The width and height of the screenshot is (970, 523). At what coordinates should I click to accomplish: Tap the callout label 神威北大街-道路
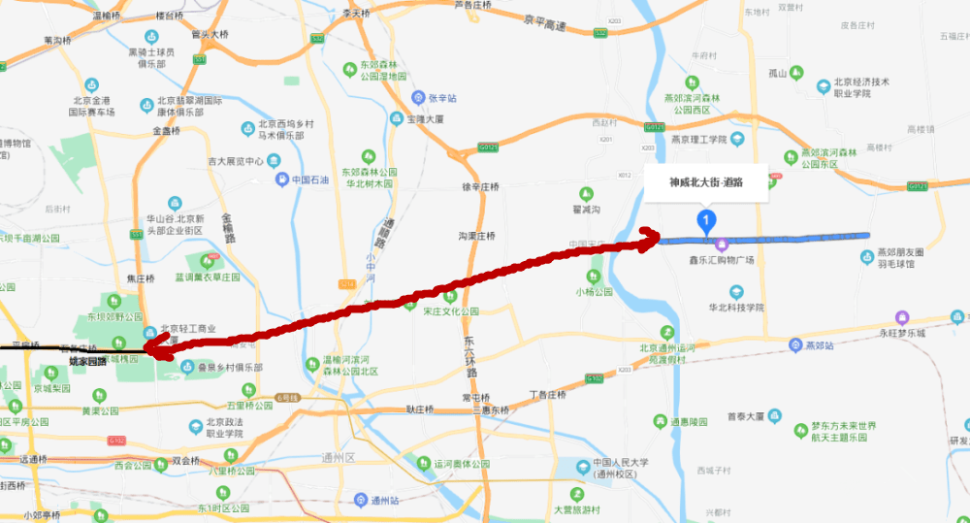coord(706,181)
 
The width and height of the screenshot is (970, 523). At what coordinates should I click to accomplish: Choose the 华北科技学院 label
coord(736,307)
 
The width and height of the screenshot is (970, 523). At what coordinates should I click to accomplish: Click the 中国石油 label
coord(309,180)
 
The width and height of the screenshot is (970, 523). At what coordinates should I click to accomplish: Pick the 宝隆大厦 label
coord(424,118)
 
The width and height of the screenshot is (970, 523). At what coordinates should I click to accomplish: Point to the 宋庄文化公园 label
coord(450,311)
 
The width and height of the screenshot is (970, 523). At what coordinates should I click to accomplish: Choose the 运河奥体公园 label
coord(463,464)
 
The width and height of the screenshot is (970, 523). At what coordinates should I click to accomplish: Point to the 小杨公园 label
coord(594,291)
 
